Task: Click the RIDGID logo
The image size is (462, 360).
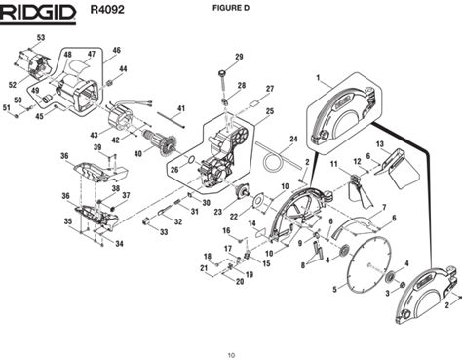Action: pyautogui.click(x=38, y=14)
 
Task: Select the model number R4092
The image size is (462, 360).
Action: pyautogui.click(x=107, y=10)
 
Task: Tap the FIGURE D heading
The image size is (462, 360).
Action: pyautogui.click(x=231, y=8)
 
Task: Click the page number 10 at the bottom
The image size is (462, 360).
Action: pyautogui.click(x=231, y=355)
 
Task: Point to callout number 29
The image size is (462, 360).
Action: pyautogui.click(x=239, y=57)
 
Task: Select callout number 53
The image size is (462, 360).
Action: pyautogui.click(x=41, y=38)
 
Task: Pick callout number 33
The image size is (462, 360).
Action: pyautogui.click(x=164, y=232)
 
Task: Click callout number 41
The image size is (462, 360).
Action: pyautogui.click(x=181, y=108)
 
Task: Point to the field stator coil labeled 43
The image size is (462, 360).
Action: pyautogui.click(x=120, y=119)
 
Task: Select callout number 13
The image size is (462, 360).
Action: pyautogui.click(x=379, y=144)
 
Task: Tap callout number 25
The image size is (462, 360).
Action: pyautogui.click(x=270, y=111)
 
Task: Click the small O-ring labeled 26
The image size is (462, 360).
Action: pyautogui.click(x=191, y=160)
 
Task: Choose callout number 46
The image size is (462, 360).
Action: pyautogui.click(x=116, y=50)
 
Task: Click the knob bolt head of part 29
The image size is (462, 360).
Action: pyautogui.click(x=222, y=72)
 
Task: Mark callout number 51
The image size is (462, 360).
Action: pyautogui.click(x=6, y=107)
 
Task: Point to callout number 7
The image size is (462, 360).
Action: pyautogui.click(x=384, y=207)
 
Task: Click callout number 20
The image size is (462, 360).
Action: pyautogui.click(x=240, y=282)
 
